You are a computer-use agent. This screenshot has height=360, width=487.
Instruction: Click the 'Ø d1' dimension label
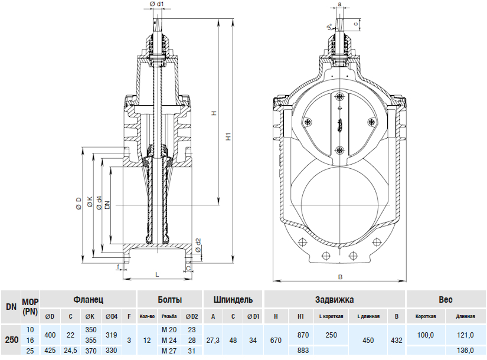156,4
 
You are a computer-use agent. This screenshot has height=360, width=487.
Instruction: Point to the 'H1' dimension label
228,137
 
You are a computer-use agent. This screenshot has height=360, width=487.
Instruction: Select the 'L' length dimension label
156,275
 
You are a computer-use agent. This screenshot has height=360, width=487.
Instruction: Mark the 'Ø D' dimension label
79,204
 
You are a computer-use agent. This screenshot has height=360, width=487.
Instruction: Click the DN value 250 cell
11,340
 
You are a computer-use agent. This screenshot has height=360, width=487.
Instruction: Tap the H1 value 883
303,352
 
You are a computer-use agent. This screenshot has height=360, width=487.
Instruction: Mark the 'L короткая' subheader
331,317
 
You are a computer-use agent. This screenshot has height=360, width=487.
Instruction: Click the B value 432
397,340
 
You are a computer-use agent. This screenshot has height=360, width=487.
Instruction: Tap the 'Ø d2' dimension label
198,243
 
